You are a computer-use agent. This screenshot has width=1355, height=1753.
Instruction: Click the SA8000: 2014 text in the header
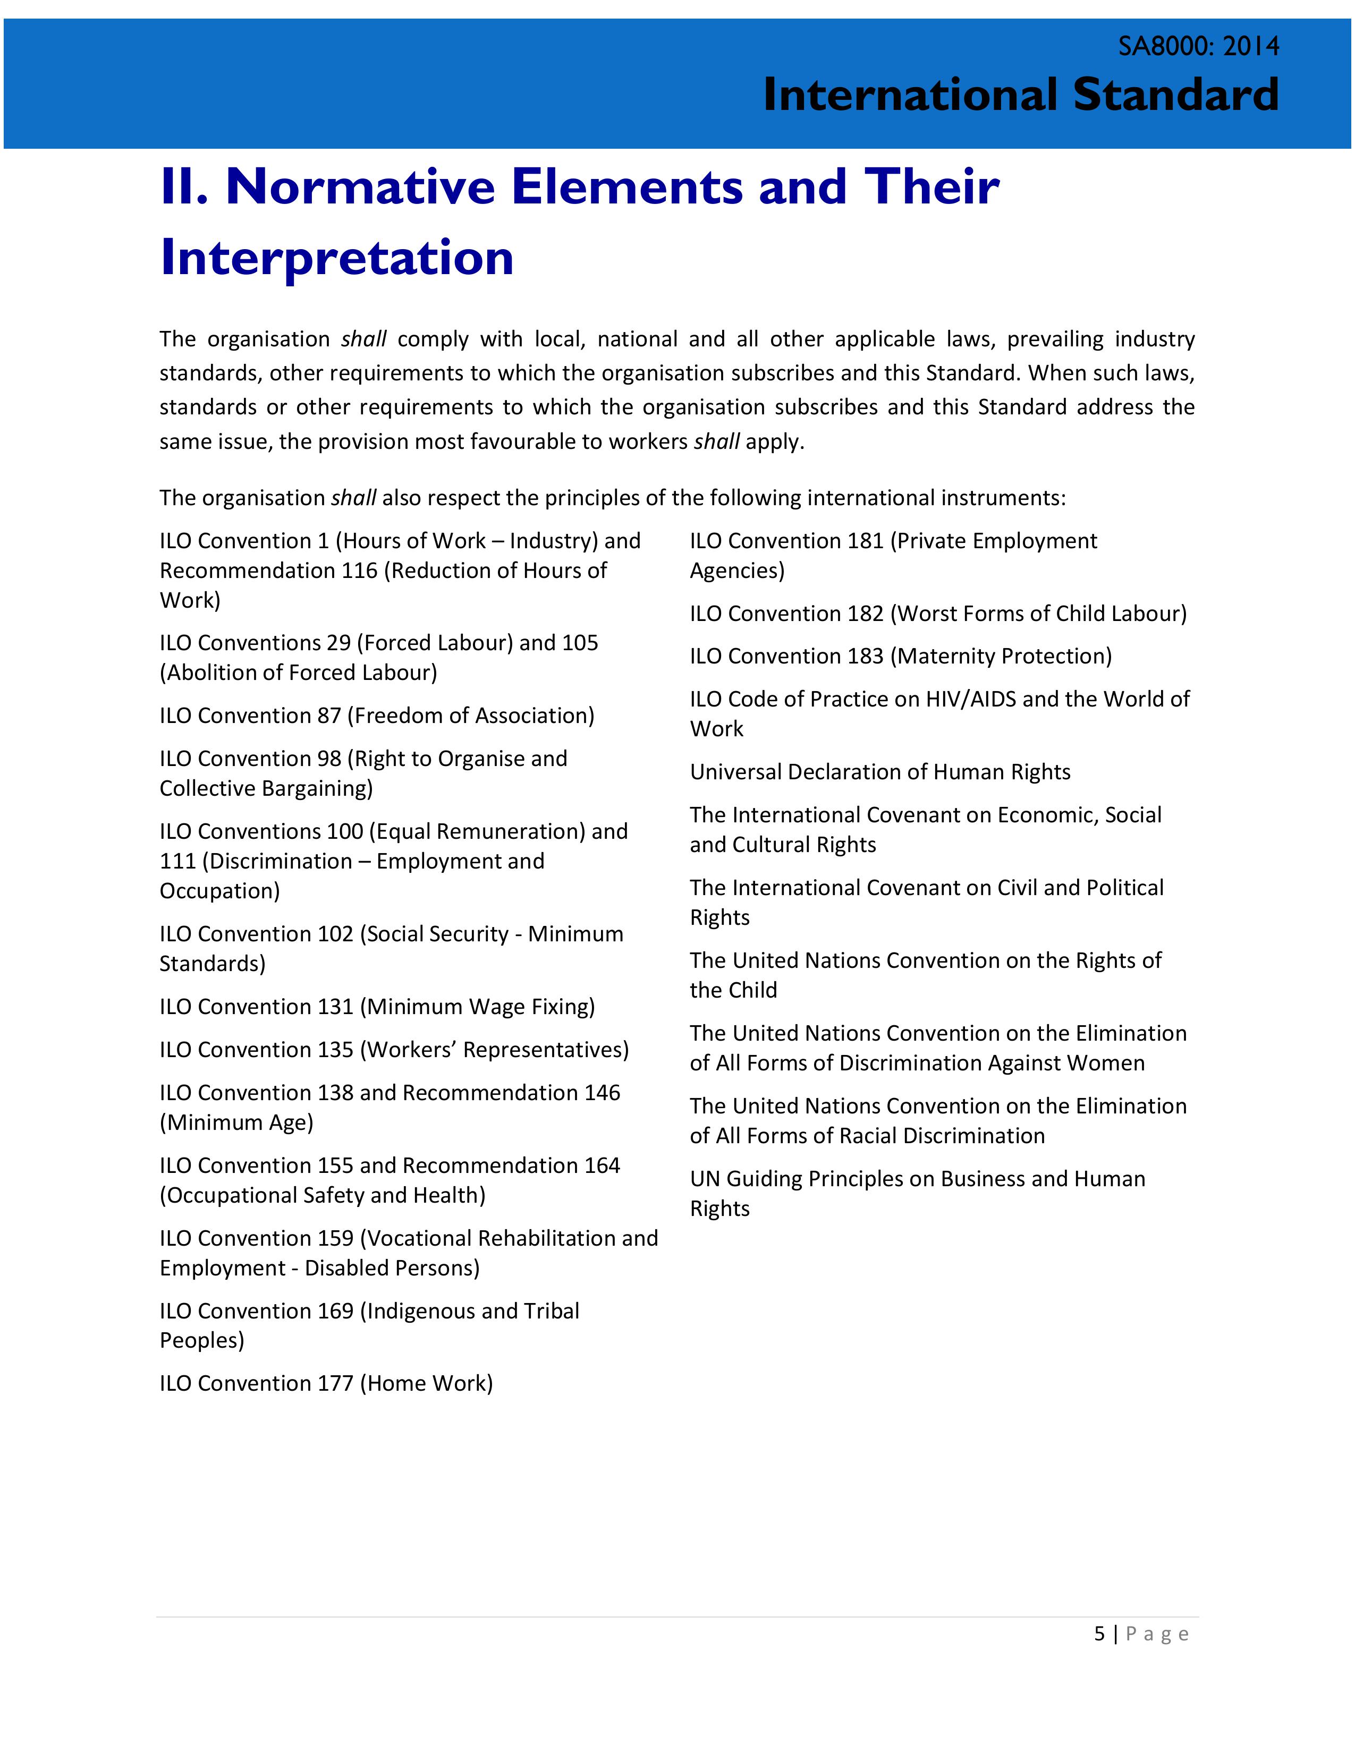point(1198,47)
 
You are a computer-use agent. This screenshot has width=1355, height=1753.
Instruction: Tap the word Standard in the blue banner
point(1175,95)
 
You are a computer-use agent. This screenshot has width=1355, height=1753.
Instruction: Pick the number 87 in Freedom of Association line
point(328,715)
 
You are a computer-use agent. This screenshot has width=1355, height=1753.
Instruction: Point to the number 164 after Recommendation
point(602,1165)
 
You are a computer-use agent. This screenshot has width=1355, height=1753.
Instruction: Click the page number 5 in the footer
point(1099,1634)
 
